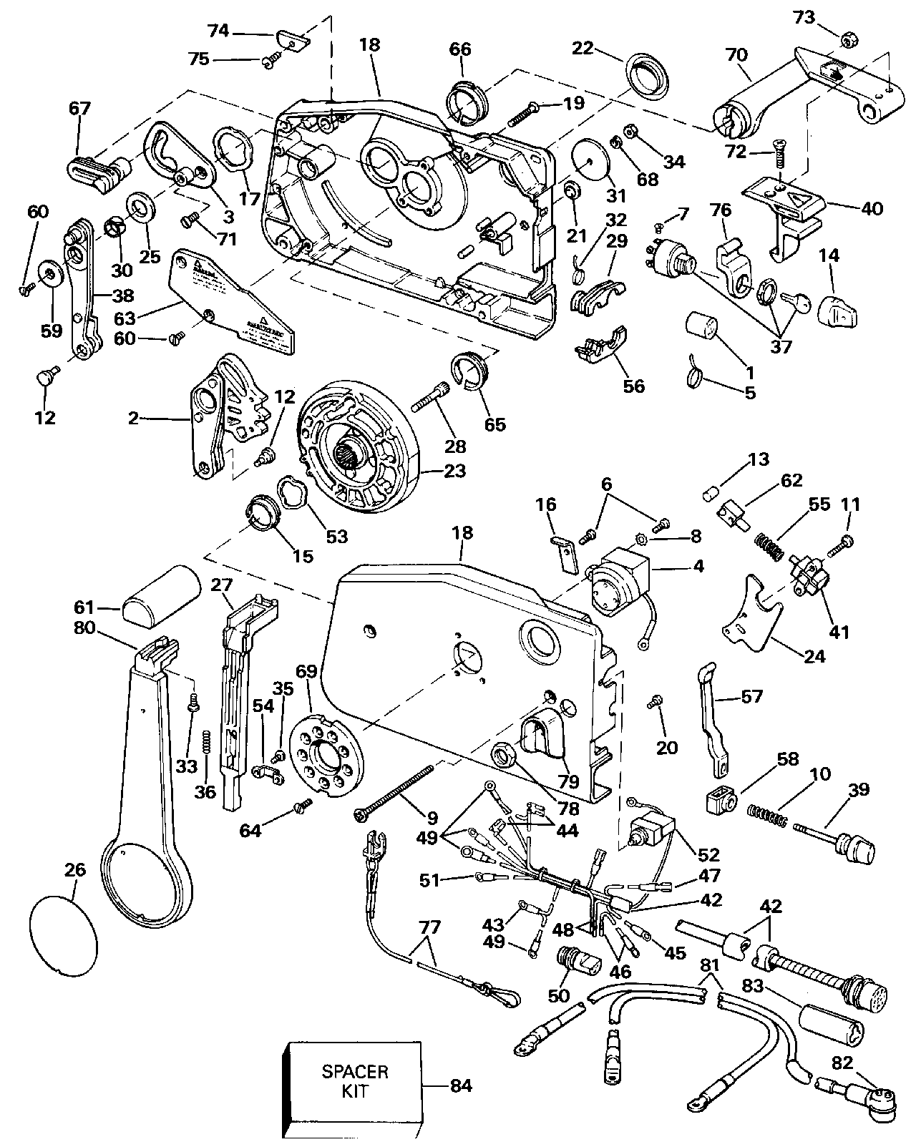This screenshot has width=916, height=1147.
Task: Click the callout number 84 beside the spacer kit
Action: [x=461, y=1085]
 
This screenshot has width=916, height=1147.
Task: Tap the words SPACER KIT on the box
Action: [x=355, y=1083]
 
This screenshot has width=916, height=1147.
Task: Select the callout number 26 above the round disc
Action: [x=75, y=869]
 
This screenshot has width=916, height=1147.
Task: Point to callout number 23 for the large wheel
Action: [x=454, y=470]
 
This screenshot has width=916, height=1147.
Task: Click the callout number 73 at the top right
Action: [x=804, y=17]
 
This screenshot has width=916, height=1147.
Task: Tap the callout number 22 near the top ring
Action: [x=583, y=48]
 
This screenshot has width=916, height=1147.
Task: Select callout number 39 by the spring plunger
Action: [x=859, y=790]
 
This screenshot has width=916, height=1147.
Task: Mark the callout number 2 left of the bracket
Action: [x=133, y=418]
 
